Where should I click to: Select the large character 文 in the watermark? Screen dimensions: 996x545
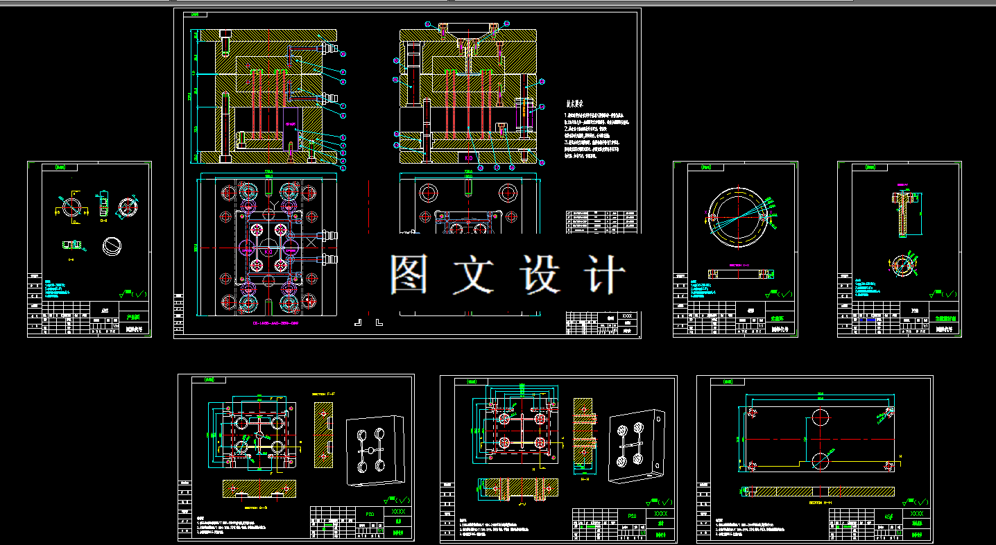click(x=473, y=273)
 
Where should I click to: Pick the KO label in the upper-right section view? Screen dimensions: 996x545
click(x=468, y=158)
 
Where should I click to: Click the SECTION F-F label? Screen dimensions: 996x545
click(x=323, y=395)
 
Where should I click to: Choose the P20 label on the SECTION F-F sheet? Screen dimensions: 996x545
click(x=370, y=514)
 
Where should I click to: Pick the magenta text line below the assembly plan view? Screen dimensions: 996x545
click(x=266, y=323)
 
